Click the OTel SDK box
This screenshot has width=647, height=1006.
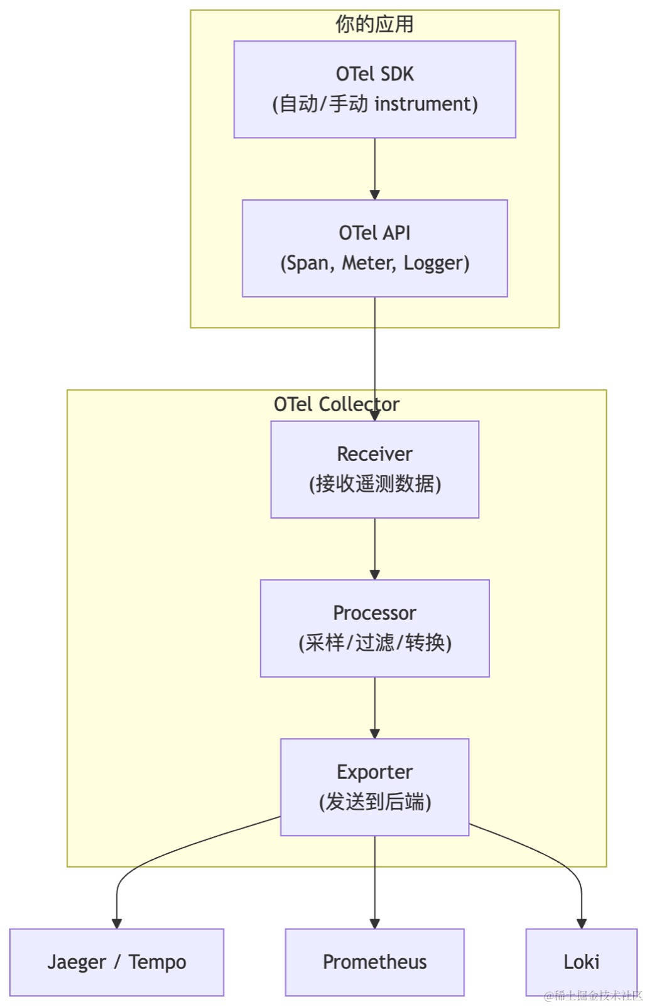[x=374, y=89]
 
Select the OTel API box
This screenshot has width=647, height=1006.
[x=374, y=248]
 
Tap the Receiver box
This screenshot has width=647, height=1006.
[x=374, y=469]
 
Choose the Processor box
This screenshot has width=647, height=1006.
[x=374, y=628]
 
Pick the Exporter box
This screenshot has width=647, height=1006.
[x=374, y=787]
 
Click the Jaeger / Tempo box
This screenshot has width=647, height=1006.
[x=117, y=963]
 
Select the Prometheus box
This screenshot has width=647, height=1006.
[x=374, y=963]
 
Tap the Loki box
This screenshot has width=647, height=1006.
[x=582, y=963]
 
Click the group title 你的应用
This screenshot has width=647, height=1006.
[x=374, y=25]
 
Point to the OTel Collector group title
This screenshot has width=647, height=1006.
[x=337, y=405]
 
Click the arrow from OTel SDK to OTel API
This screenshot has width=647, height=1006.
[x=374, y=169]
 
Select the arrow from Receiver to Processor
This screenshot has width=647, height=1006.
[x=374, y=549]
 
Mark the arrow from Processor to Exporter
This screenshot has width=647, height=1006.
[x=374, y=708]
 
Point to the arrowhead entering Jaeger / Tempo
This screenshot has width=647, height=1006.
[x=117, y=924]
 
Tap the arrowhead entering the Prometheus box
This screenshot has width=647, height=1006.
[x=374, y=924]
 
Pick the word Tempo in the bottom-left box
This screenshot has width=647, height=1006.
[x=158, y=963]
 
